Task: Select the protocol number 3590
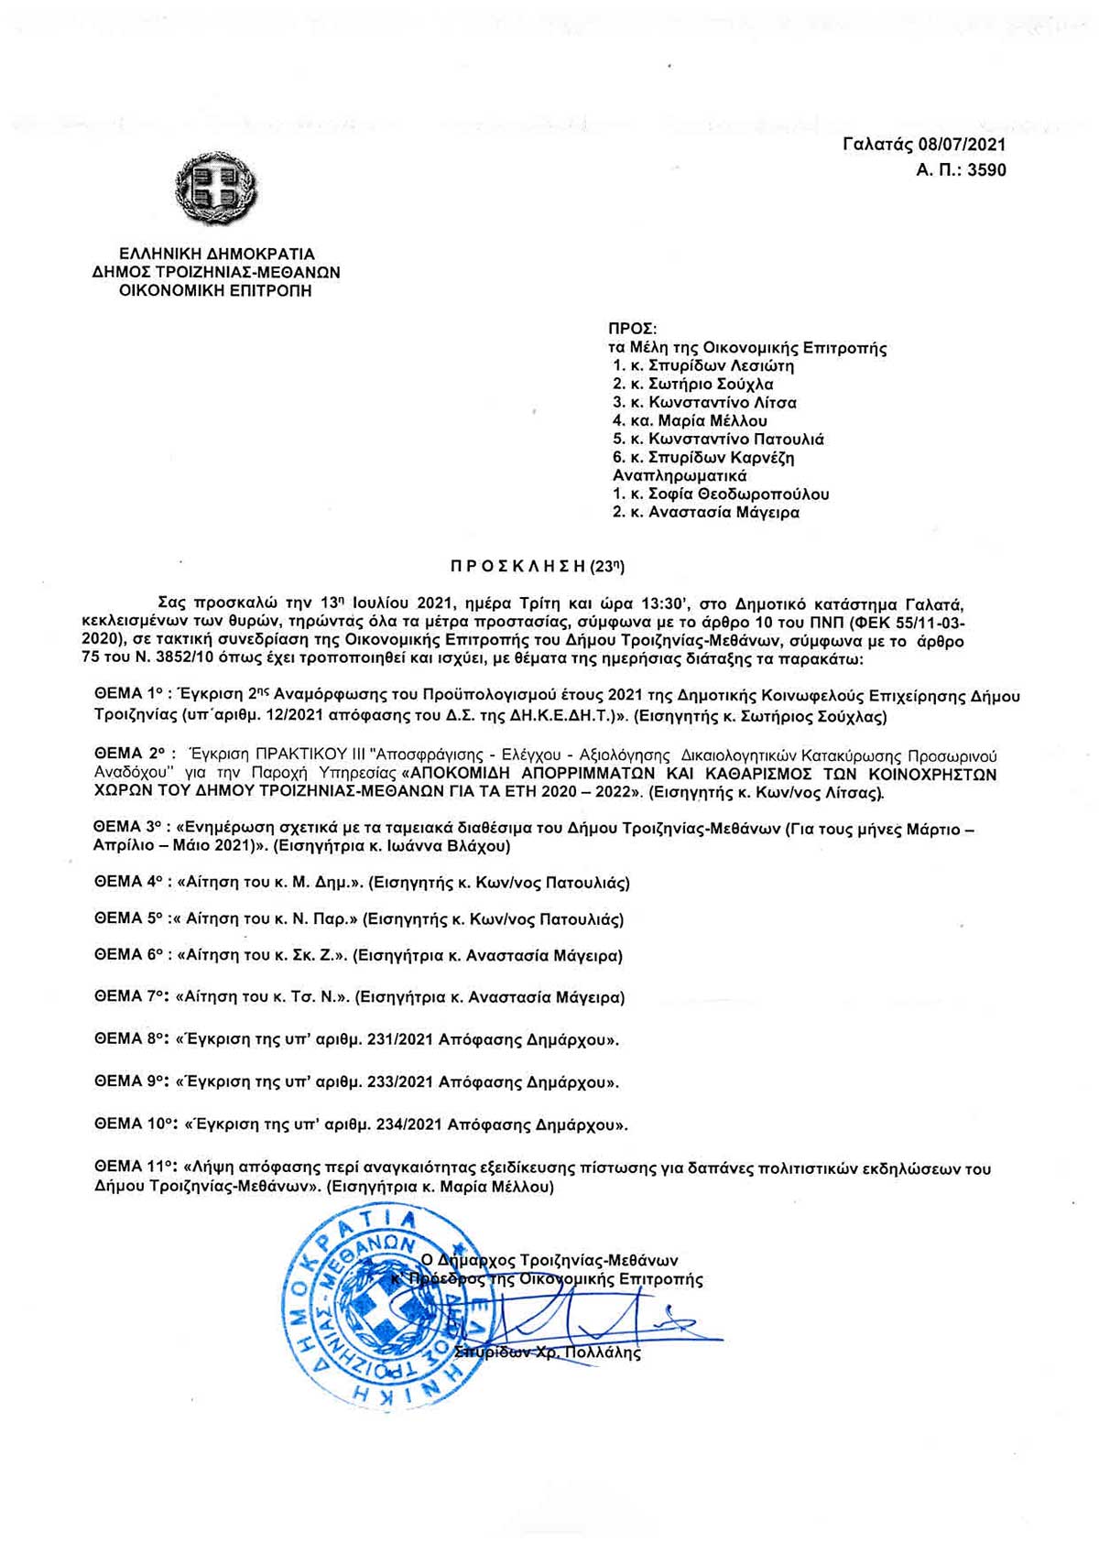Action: [986, 169]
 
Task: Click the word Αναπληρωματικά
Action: [680, 475]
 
